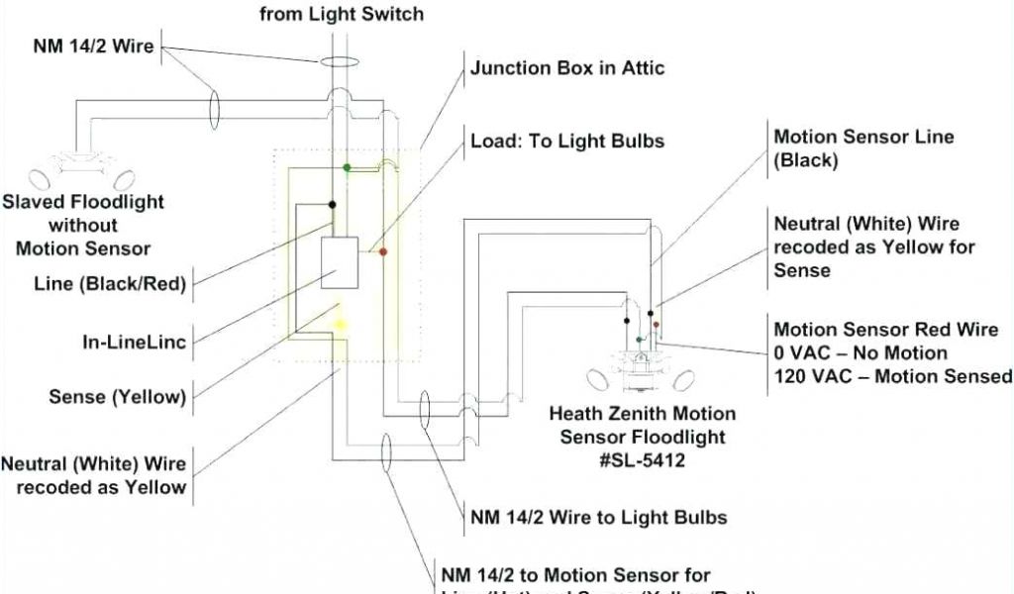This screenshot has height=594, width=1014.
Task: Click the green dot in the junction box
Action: [x=347, y=168]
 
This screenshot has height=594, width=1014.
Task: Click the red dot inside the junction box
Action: [x=383, y=252]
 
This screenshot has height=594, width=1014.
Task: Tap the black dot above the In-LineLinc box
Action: [x=332, y=205]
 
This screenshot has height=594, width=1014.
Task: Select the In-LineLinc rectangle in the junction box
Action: [x=340, y=262]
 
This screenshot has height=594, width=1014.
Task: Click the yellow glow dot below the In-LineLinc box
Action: [x=341, y=324]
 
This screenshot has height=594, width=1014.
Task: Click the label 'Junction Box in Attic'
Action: [x=567, y=68]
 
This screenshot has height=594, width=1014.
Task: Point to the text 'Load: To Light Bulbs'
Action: [x=567, y=141]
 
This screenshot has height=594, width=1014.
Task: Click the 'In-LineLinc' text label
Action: [x=135, y=342]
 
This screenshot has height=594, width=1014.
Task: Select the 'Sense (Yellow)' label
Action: [x=118, y=397]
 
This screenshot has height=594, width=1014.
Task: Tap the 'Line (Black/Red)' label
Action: [x=110, y=284]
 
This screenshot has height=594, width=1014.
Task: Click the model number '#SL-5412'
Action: [x=643, y=460]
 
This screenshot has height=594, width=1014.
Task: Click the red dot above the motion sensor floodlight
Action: [x=656, y=324]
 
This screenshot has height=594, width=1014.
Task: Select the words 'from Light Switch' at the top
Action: [x=342, y=14]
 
